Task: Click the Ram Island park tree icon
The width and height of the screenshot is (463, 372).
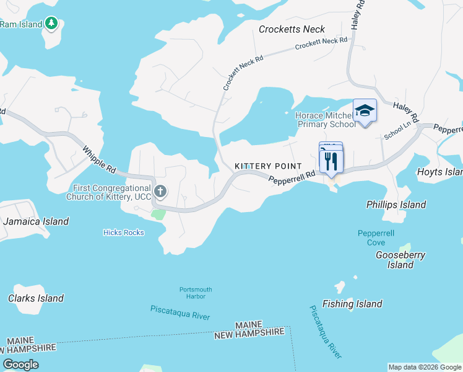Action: click(52, 24)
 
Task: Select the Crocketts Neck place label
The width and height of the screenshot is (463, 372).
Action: click(292, 29)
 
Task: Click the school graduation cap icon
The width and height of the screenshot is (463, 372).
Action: click(365, 110)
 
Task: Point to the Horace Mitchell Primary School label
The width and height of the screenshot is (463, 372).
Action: click(326, 120)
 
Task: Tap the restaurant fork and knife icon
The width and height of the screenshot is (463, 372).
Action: click(331, 161)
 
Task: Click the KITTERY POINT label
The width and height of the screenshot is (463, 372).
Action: click(268, 167)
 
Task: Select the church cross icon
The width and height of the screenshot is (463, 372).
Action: click(160, 192)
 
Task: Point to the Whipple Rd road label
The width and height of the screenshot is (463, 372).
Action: click(98, 159)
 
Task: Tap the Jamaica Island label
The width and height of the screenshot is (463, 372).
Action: click(36, 221)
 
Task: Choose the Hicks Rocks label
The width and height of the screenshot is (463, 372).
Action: click(123, 232)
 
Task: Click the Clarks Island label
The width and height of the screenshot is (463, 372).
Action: click(36, 298)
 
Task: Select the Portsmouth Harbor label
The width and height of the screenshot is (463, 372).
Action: click(196, 293)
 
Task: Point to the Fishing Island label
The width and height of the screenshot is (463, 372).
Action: click(352, 304)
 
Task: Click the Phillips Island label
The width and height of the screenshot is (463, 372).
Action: click(396, 205)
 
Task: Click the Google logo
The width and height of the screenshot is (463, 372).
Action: click(20, 365)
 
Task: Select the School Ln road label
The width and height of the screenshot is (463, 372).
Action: click(397, 131)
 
